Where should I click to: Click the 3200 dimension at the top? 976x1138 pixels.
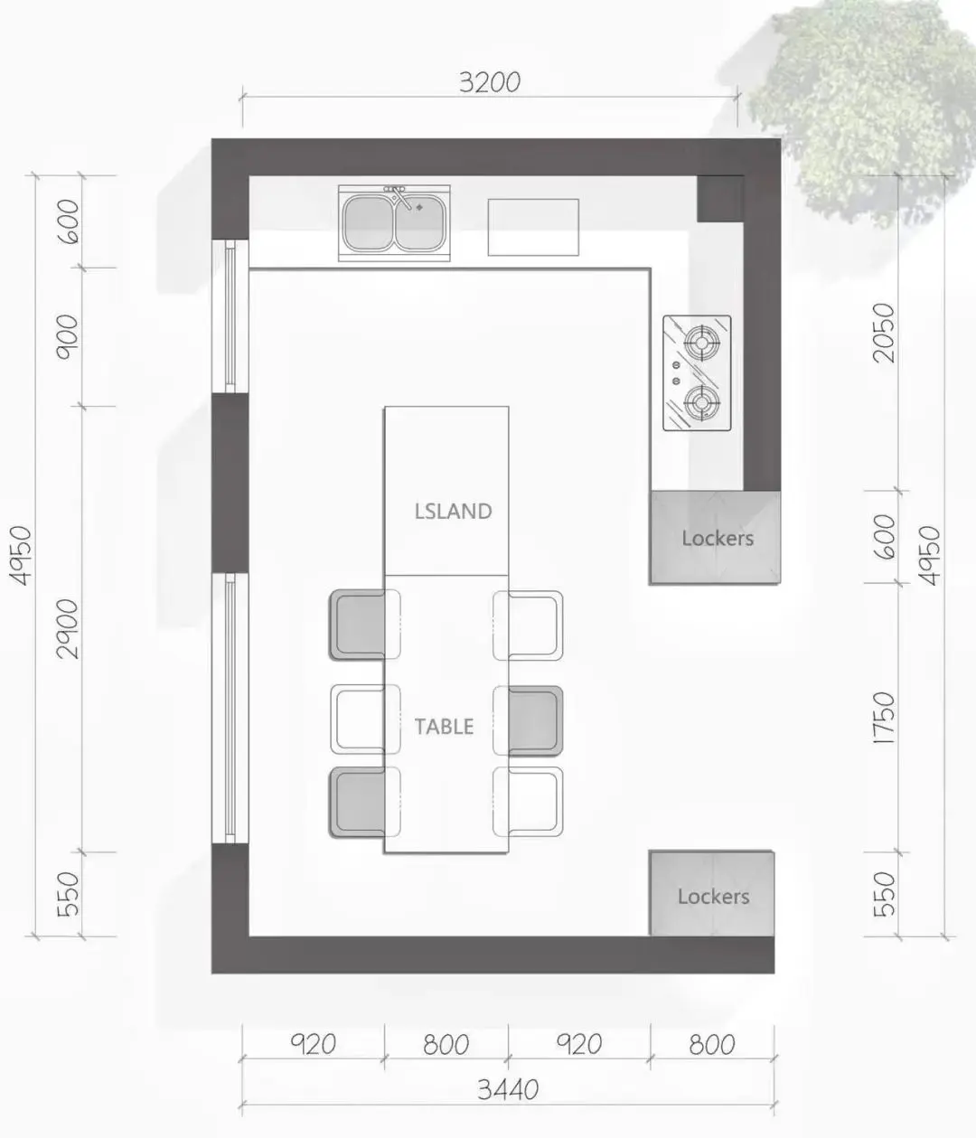[x=490, y=82]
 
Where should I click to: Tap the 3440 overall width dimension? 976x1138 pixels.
[x=508, y=1089]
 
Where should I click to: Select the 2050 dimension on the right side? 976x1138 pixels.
[x=885, y=332]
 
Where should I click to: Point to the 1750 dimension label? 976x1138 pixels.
[x=885, y=719]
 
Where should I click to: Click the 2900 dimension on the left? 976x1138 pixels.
[x=69, y=629]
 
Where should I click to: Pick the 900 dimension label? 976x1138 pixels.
[x=69, y=337]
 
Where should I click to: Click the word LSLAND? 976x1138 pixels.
[x=453, y=512]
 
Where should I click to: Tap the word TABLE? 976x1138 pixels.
[x=444, y=727]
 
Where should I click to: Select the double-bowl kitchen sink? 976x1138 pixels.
[x=394, y=223]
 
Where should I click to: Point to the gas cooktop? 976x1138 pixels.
[x=697, y=372]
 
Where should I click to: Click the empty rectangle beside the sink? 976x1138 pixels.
[x=533, y=228]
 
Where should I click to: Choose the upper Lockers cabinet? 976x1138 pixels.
[x=715, y=537]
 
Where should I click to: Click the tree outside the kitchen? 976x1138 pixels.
[x=859, y=110]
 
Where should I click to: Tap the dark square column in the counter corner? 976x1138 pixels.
[x=720, y=199]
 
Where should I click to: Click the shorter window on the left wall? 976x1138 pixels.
[x=230, y=316]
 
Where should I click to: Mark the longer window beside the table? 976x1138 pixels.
[x=230, y=708]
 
